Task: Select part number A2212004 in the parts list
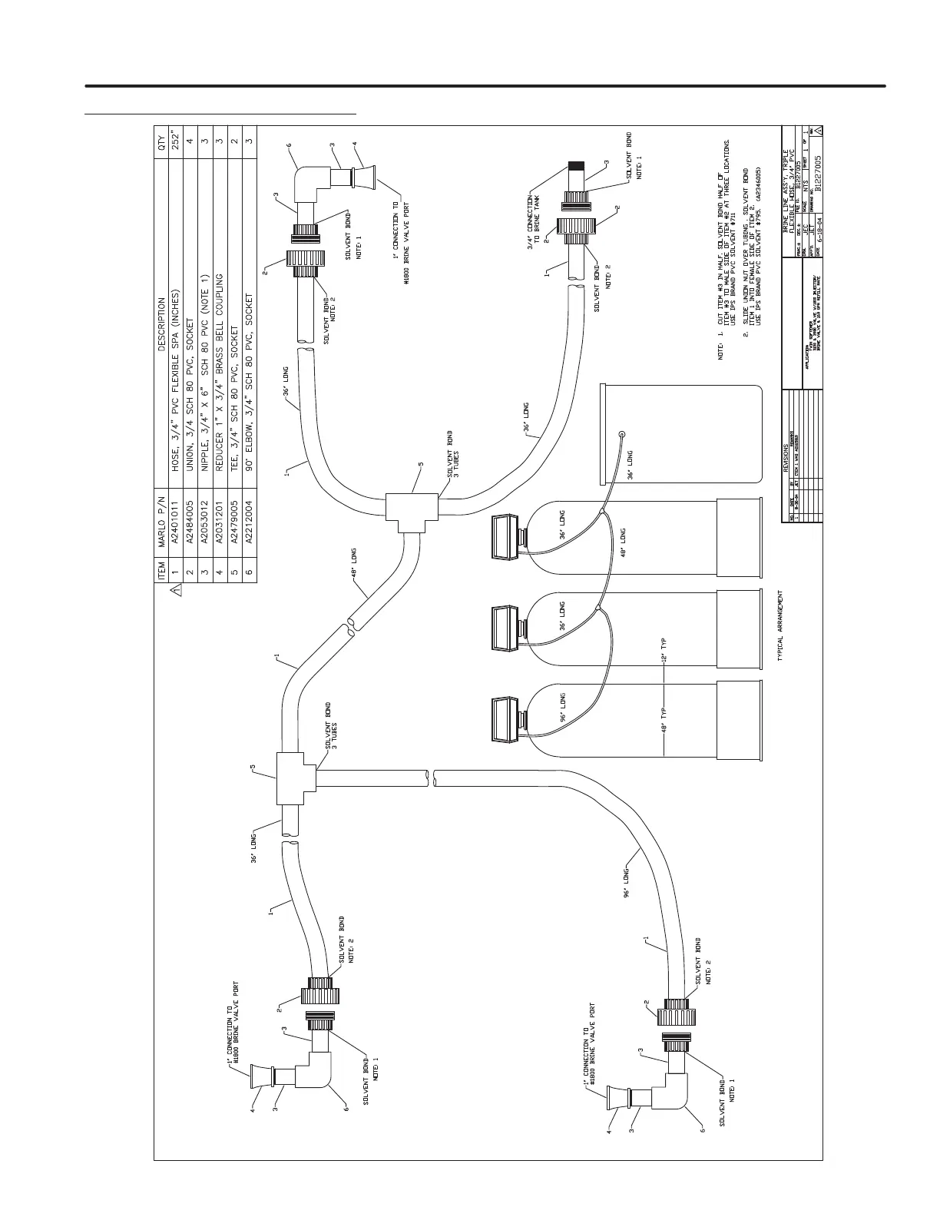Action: coord(248,529)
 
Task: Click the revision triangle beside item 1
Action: coord(175,590)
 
